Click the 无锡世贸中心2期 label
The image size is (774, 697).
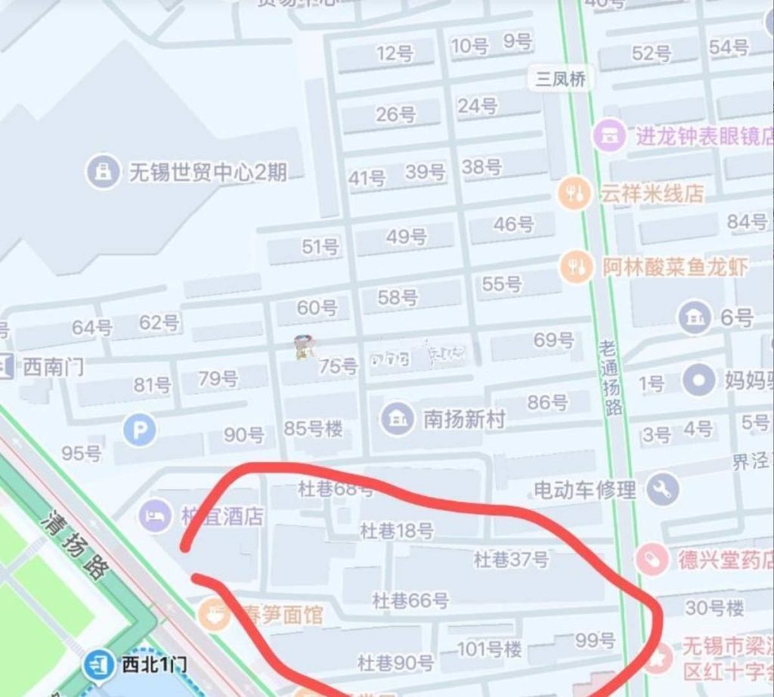coord(207,172)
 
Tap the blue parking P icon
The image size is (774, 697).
coord(140,431)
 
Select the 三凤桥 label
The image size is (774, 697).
coord(560,79)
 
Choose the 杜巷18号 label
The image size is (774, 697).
coord(396,531)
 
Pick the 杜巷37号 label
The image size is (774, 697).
coord(511,560)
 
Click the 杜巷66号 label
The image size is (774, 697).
coord(410,601)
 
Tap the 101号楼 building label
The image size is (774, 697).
coord(489,649)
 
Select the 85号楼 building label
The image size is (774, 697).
coord(313,429)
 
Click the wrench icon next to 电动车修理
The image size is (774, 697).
coord(663,491)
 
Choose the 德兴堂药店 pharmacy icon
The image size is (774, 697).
coord(652,560)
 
